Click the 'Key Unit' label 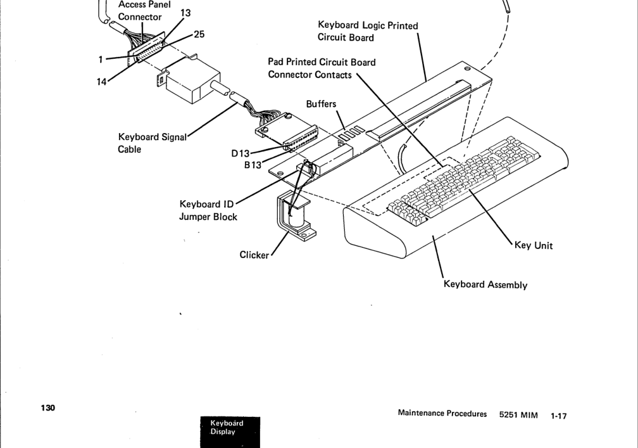coord(534,245)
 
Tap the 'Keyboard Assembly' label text coord(485,285)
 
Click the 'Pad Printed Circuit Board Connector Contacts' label coord(322,68)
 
